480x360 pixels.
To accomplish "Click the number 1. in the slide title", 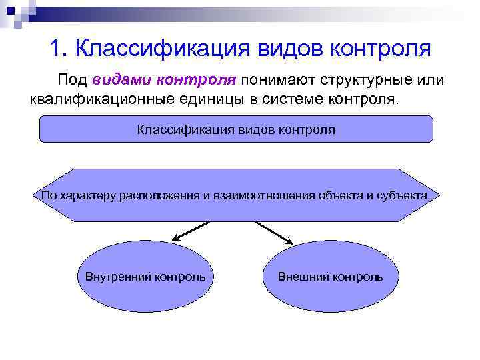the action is tap(58, 48).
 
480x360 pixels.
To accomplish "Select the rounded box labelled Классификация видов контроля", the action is tap(236, 129).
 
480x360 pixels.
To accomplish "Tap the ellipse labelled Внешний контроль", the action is tap(329, 276).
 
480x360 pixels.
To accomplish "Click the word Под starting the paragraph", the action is tap(71, 81).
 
